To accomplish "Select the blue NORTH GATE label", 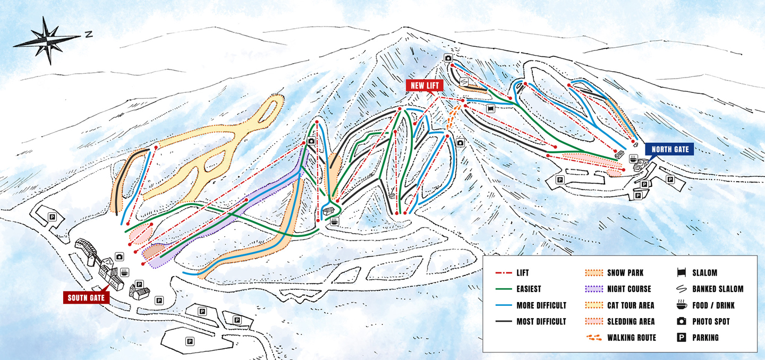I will [670, 149].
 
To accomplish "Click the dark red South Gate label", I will [86, 297].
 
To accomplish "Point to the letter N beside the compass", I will [88, 35].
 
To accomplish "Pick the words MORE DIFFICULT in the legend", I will [541, 305].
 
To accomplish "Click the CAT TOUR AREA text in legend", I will [631, 305].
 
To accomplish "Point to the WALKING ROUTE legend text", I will [632, 338].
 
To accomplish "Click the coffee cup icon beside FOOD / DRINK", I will [681, 305].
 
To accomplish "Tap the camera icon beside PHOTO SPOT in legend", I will [681, 321].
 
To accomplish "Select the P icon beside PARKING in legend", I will [681, 338].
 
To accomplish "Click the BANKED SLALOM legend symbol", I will [681, 289].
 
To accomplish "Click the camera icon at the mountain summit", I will [448, 58].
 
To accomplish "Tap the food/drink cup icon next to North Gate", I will [633, 158].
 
